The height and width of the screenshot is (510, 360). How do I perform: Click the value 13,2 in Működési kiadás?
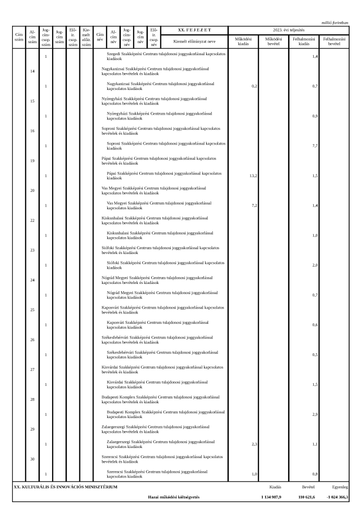click(x=253, y=176)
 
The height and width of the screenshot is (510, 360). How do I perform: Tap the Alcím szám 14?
click(x=32, y=71)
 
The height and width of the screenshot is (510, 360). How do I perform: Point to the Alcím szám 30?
click(x=32, y=459)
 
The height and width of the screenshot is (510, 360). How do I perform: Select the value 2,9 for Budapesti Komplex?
click(x=314, y=415)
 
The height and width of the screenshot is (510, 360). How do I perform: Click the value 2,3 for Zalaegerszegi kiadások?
click(x=254, y=444)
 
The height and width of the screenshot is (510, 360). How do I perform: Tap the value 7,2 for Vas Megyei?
click(x=254, y=206)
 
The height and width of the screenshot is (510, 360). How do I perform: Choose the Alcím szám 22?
click(x=32, y=220)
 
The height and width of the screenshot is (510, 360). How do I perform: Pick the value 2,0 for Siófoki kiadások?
click(x=314, y=266)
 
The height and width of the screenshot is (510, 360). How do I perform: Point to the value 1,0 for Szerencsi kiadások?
click(x=254, y=474)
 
